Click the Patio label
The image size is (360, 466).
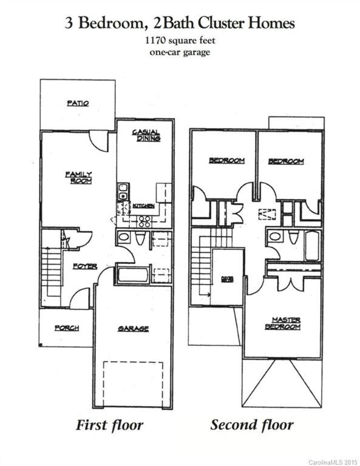tap(78, 103)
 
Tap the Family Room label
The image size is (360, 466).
tap(79, 178)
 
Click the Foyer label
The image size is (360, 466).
tap(85, 266)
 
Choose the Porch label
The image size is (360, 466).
tap(67, 328)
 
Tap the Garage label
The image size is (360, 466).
tap(133, 329)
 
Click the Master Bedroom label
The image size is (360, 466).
tap(282, 323)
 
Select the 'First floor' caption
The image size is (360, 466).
tap(110, 425)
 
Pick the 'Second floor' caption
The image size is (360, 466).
tap(251, 425)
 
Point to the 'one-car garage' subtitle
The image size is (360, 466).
tap(180, 52)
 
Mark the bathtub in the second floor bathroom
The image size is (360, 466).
tap(312, 246)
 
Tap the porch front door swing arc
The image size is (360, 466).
tap(81, 299)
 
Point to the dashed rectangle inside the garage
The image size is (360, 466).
tap(133, 383)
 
